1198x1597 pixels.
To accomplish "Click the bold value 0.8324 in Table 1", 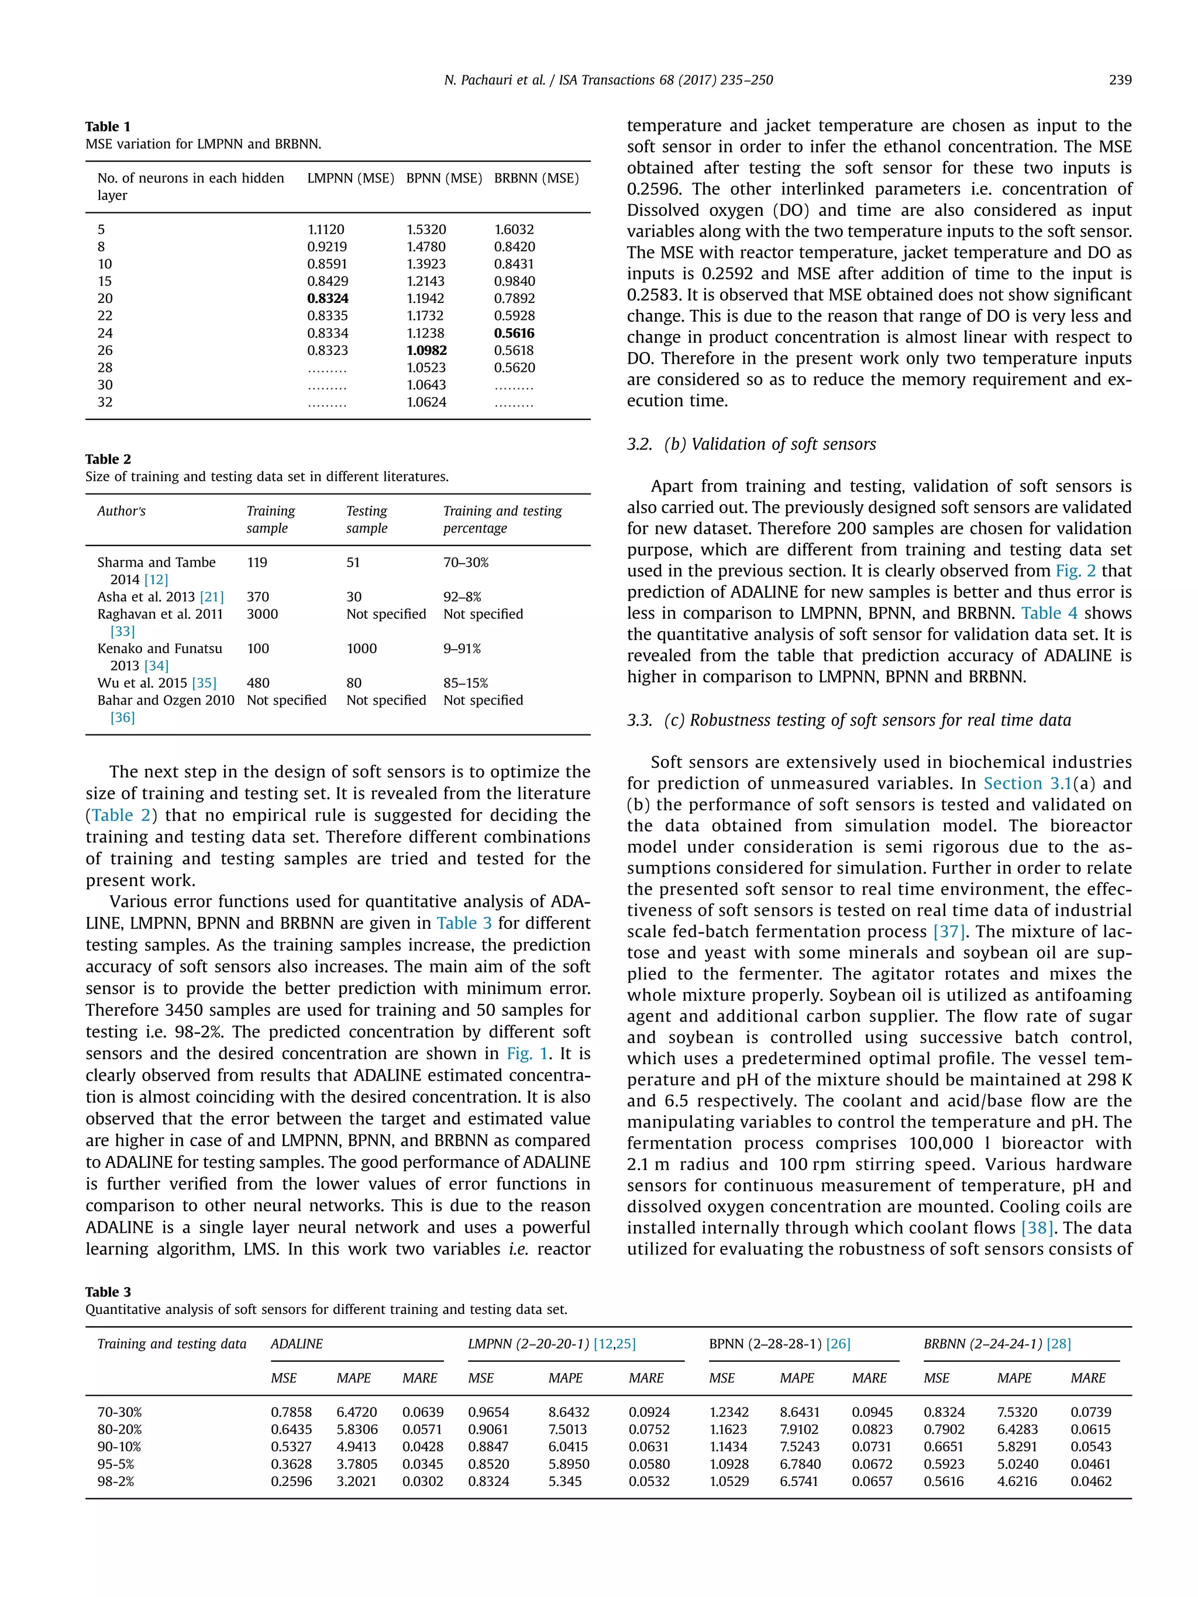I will (327, 298).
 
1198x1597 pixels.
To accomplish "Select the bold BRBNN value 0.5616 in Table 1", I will (514, 333).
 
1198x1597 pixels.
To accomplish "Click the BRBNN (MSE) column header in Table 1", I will (536, 178).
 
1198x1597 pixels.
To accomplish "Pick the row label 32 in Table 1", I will (105, 402).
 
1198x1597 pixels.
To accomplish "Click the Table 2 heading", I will (108, 459).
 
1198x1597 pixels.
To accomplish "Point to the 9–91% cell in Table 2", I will (462, 649).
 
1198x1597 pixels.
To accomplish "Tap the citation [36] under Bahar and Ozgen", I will (122, 718).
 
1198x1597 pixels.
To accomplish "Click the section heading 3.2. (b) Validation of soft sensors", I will (751, 444).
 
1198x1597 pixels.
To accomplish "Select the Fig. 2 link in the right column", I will (1075, 571).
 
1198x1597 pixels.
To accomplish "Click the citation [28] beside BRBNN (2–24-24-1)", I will (1058, 1344).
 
